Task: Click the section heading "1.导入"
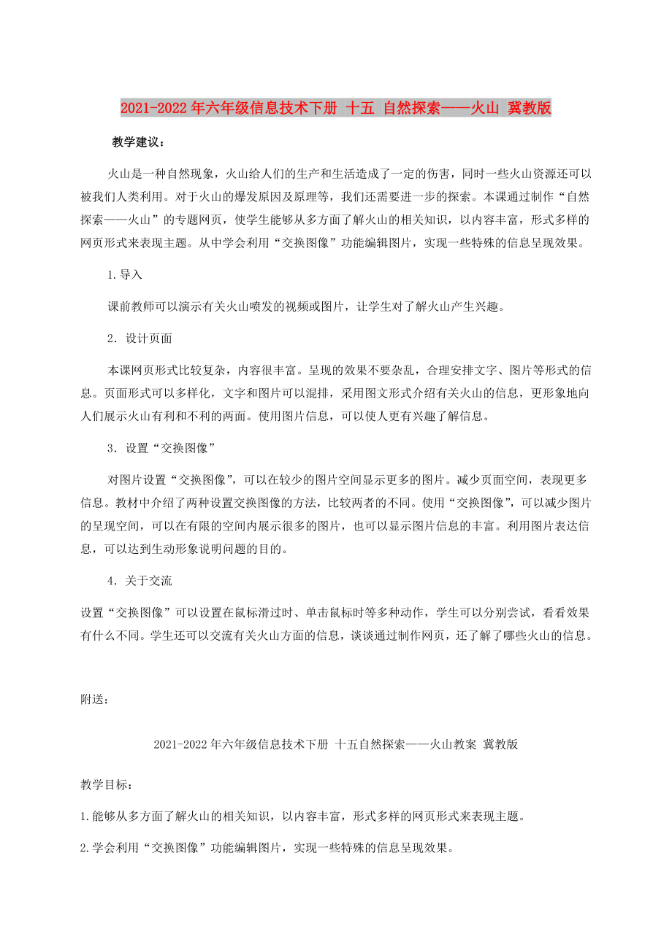point(124,275)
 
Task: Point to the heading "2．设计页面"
point(140,339)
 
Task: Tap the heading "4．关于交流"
point(140,581)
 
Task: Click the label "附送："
point(96,699)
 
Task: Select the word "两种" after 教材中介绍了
point(205,503)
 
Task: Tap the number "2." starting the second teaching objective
point(86,848)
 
